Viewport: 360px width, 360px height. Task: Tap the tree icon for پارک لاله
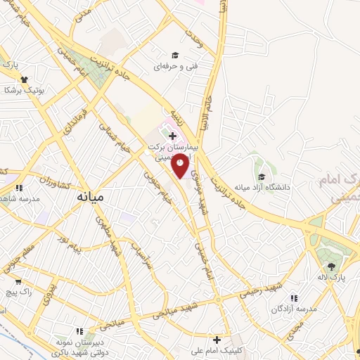click(331, 265)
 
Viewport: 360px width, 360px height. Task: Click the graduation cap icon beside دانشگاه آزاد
click(262, 176)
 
